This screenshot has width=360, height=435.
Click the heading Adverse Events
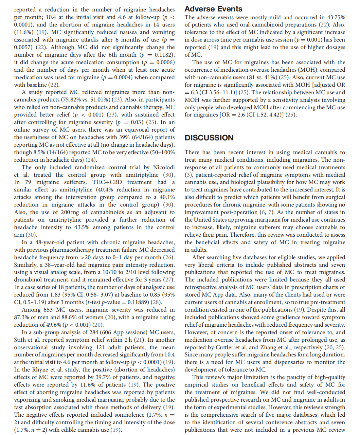(213, 9)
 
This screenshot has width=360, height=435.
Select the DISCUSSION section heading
(209, 138)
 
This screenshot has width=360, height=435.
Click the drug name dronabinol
(28, 280)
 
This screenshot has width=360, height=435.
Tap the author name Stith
(20, 340)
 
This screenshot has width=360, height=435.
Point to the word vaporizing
(28, 400)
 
